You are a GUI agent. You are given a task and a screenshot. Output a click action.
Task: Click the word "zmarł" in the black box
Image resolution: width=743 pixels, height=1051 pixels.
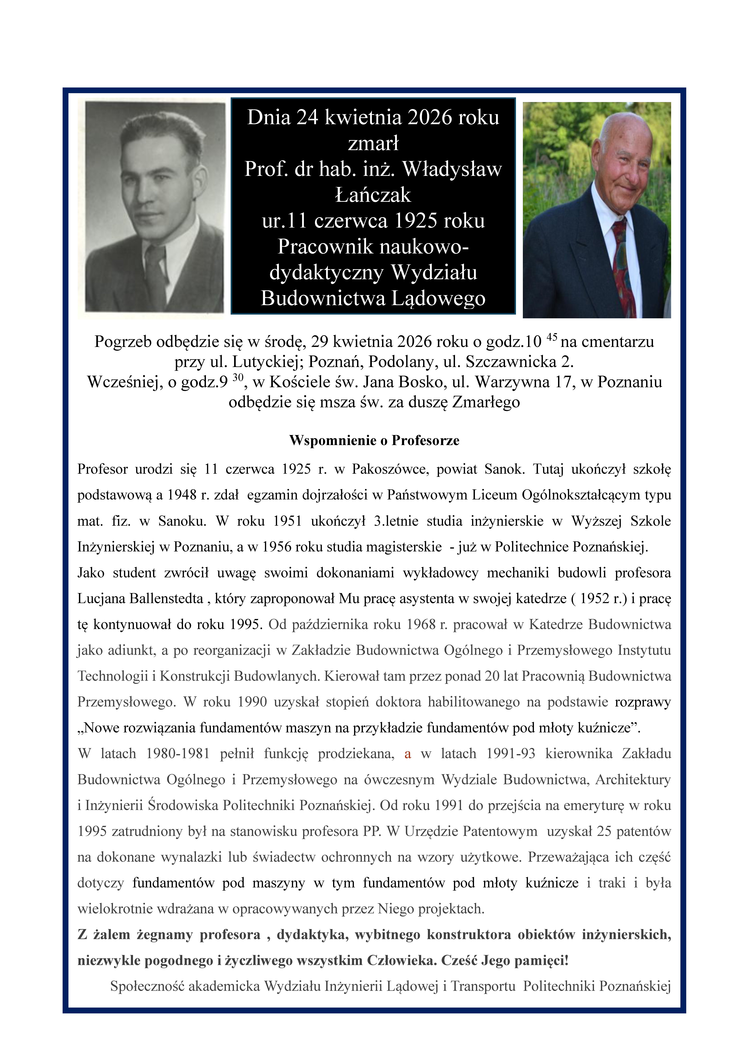(x=373, y=143)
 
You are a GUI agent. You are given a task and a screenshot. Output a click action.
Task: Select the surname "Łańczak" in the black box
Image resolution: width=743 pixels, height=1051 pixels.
(x=373, y=195)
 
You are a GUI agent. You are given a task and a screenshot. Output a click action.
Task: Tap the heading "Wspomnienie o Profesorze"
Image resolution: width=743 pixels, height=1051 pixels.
(x=374, y=440)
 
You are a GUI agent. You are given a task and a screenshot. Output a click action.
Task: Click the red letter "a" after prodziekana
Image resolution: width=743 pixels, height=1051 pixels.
(x=407, y=753)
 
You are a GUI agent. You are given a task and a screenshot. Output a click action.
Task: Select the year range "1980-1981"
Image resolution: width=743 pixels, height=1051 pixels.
(x=178, y=753)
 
